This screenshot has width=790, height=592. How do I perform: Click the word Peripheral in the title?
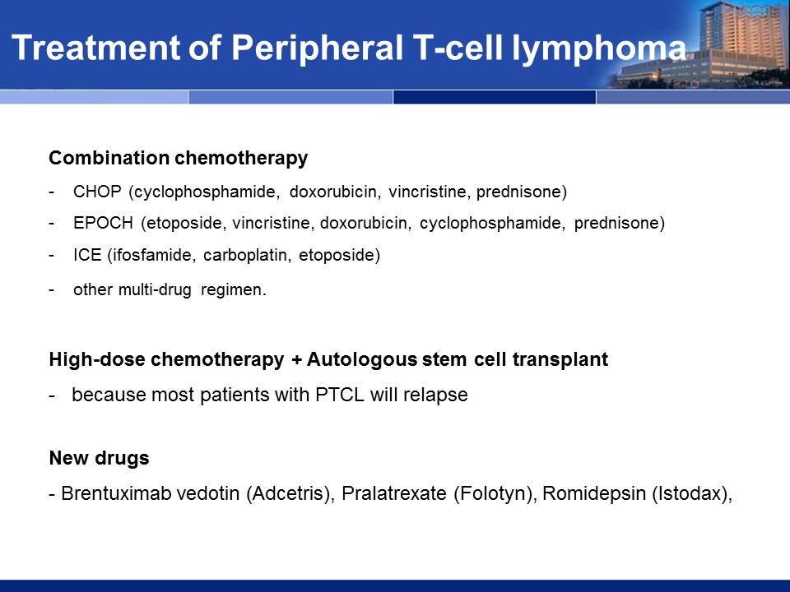coord(317,49)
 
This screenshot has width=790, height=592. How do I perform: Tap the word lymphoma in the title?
coord(598,49)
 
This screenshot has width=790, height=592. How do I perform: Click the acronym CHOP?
coord(97,192)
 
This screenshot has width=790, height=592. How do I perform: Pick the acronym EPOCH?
coord(104,223)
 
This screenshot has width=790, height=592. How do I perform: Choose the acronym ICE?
coord(87,255)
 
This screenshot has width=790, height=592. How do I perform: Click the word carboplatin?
coord(247,255)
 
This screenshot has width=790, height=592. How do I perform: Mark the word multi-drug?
coord(155,290)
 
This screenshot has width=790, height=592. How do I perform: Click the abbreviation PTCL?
coord(340,395)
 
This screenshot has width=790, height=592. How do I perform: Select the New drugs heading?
coord(100,458)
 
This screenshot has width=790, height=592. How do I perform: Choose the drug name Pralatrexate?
coord(394,493)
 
